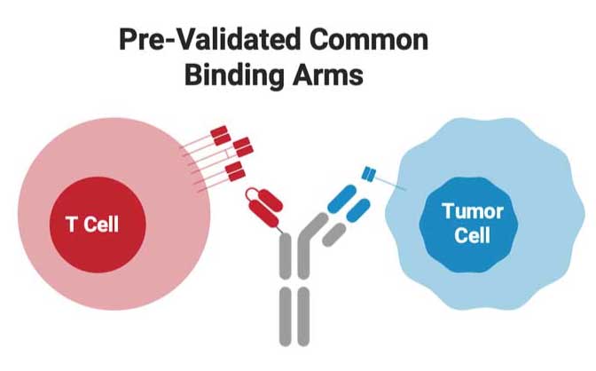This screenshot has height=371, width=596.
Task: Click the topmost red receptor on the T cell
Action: coord(220,135)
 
